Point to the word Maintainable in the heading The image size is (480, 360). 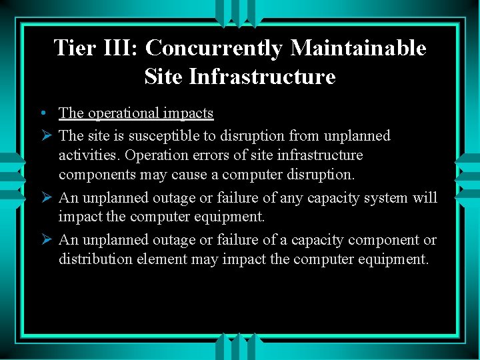[358, 48]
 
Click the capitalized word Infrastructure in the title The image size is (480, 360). [262, 77]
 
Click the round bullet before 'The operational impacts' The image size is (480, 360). [42, 114]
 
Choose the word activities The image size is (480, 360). [87, 155]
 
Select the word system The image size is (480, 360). [388, 198]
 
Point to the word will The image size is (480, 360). [425, 197]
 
